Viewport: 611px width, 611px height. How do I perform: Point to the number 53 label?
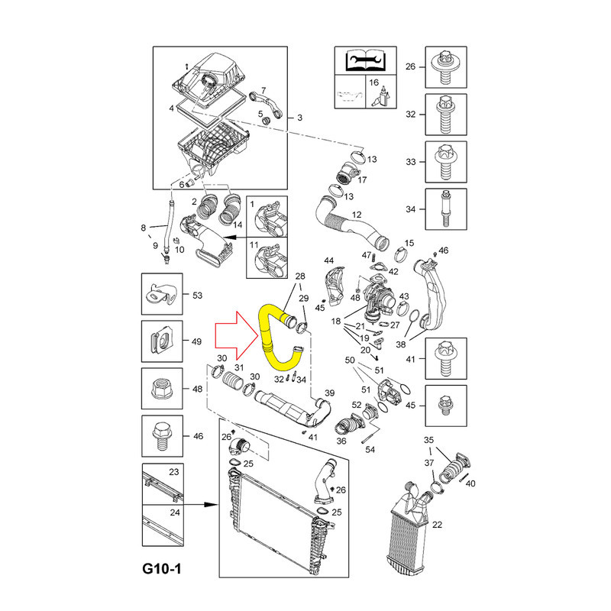pyautogui.click(x=196, y=295)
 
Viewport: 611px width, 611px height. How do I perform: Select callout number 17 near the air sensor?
pyautogui.click(x=362, y=181)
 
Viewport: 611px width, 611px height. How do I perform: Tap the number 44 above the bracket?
pyautogui.click(x=329, y=261)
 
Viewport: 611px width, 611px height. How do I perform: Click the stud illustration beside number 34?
pyautogui.click(x=444, y=209)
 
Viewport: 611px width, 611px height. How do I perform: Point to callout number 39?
pyautogui.click(x=329, y=393)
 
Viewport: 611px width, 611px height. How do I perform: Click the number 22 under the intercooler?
pyautogui.click(x=438, y=525)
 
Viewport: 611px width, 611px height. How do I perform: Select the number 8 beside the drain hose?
pyautogui.click(x=143, y=228)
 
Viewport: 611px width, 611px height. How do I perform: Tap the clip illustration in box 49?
pyautogui.click(x=162, y=340)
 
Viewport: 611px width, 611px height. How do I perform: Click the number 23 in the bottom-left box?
pyautogui.click(x=174, y=472)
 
